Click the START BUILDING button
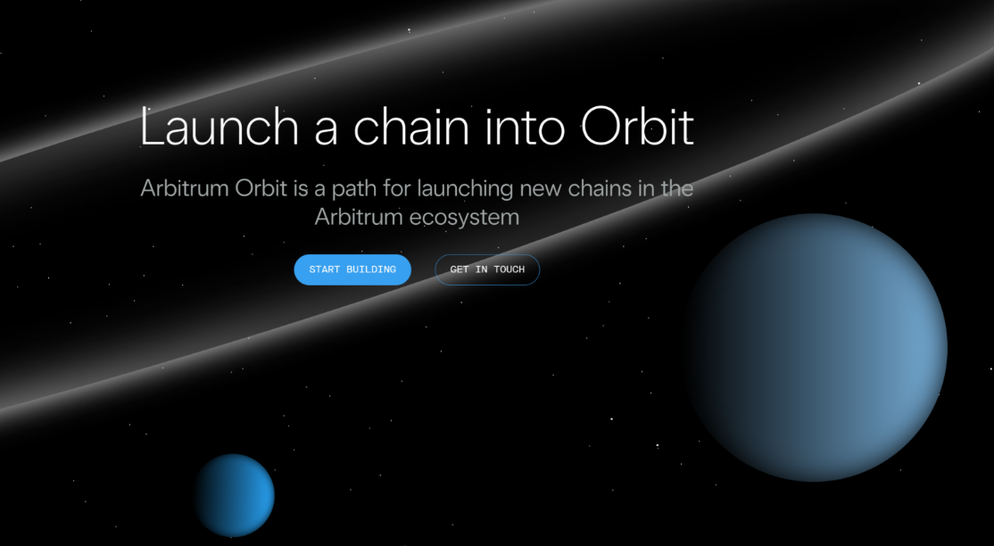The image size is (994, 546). [352, 269]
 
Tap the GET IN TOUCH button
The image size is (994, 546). [487, 269]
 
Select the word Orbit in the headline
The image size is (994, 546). [637, 126]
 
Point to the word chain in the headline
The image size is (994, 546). [411, 127]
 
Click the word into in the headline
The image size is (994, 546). [525, 127]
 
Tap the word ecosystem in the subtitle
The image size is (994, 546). [464, 218]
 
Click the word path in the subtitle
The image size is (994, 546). [354, 189]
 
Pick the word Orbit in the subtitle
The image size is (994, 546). [261, 188]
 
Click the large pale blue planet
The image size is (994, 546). [816, 348]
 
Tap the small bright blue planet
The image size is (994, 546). [235, 495]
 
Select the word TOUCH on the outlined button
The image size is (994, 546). [509, 269]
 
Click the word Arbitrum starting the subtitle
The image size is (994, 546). [185, 188]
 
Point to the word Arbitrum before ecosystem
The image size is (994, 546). [359, 217]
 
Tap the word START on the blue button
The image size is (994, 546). [325, 269]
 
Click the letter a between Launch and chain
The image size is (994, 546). [326, 131]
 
